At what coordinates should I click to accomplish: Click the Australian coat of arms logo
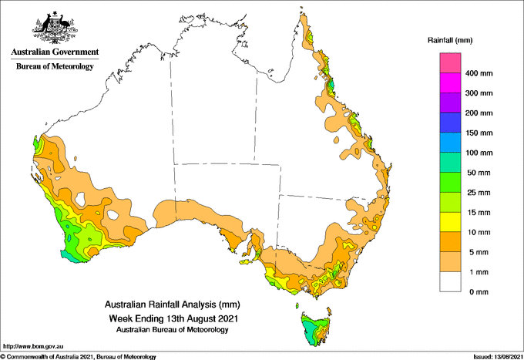[55, 27]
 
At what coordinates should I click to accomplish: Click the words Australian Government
[55, 52]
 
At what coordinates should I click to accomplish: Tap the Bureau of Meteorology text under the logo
[55, 66]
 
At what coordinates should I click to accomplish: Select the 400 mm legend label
[479, 73]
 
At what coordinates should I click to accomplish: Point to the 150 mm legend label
[479, 133]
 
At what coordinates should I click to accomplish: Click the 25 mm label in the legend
[479, 193]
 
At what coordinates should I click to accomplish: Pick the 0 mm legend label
[479, 292]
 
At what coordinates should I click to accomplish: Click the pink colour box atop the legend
[450, 63]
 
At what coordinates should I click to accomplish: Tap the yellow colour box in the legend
[450, 222]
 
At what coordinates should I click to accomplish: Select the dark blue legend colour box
[450, 123]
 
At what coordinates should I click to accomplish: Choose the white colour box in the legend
[450, 282]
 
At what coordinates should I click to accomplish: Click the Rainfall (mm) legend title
[450, 40]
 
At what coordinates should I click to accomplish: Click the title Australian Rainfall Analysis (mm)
[173, 304]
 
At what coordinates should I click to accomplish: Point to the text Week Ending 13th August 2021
[173, 318]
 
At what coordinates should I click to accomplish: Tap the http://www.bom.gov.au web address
[33, 346]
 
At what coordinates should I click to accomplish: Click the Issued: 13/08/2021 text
[498, 357]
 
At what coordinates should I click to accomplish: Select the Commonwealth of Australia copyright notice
[78, 357]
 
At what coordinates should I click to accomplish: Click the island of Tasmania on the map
[315, 328]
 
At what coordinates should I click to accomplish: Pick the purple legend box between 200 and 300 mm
[450, 103]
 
